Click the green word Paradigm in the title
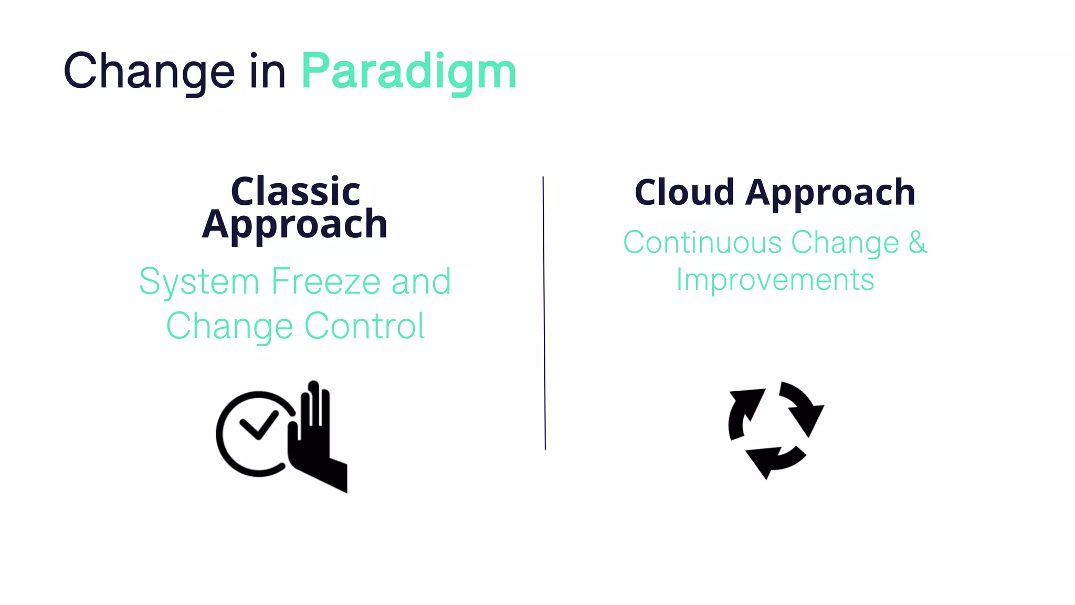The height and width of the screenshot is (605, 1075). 409,72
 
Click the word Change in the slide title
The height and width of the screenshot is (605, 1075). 149,71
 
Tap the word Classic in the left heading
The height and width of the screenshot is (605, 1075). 296,192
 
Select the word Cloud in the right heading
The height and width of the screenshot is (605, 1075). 684,192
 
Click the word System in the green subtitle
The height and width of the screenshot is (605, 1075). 199,283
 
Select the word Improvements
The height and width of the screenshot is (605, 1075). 775,279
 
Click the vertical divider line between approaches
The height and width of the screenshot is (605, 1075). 544,315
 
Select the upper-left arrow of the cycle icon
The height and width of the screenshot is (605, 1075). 743,412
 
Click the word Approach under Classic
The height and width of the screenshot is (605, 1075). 294,225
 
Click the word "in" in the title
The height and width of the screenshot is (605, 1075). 267,71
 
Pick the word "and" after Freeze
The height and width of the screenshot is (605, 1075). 421,281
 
